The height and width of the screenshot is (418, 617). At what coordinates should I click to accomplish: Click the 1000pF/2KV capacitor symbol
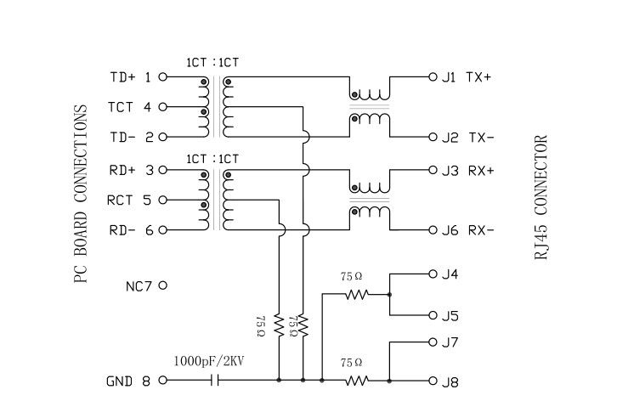[217, 381]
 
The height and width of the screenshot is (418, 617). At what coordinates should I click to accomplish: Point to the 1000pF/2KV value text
[208, 361]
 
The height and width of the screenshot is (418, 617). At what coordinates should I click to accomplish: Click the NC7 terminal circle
[162, 285]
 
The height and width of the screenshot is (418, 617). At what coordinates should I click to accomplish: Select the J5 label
[450, 317]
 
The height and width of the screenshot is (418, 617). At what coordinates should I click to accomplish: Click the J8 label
[450, 382]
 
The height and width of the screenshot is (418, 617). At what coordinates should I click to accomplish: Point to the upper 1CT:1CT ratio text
[212, 62]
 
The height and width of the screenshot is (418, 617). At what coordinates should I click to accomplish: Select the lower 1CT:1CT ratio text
[212, 159]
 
